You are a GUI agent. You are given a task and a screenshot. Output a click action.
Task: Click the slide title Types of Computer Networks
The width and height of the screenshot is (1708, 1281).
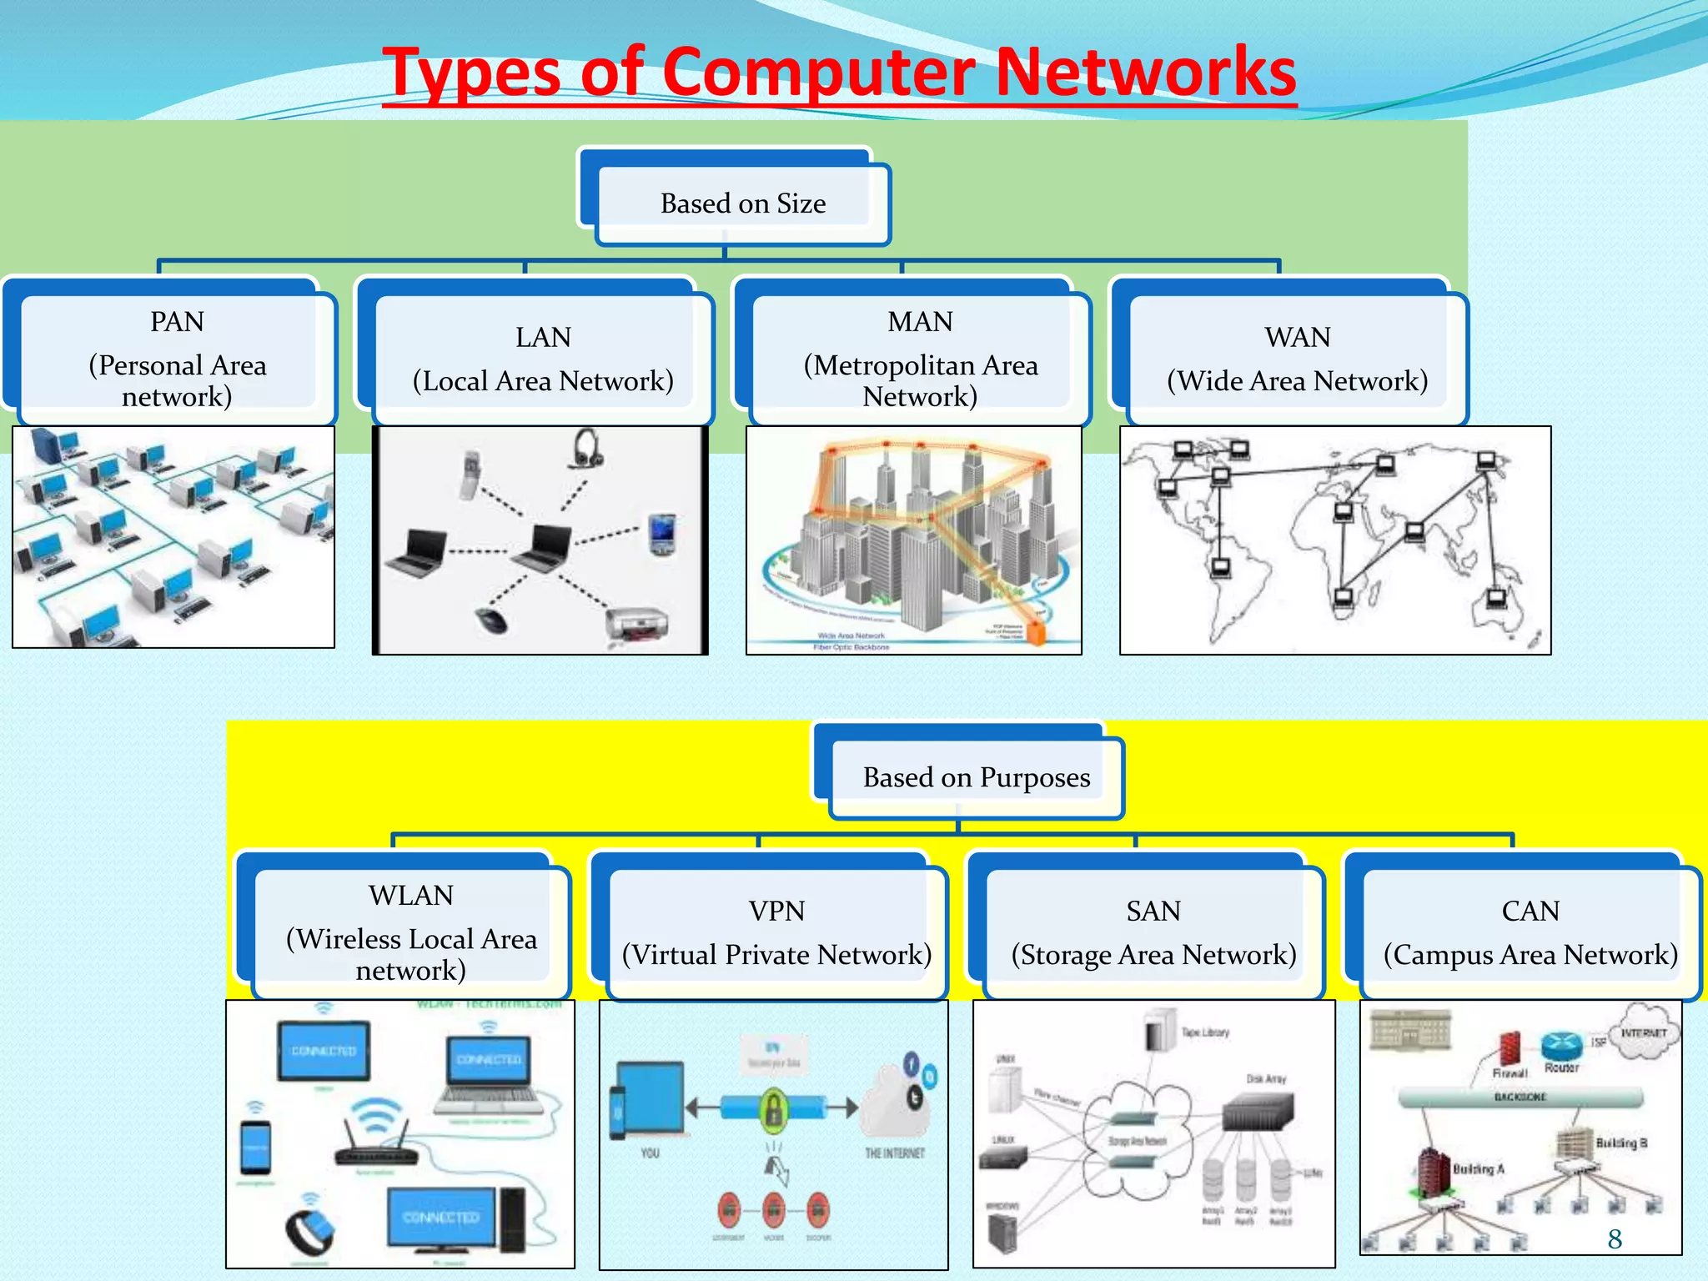(839, 73)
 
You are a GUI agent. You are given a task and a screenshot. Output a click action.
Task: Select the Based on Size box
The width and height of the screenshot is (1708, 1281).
(742, 203)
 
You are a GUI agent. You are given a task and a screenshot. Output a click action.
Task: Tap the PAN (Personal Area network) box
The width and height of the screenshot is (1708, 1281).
(177, 359)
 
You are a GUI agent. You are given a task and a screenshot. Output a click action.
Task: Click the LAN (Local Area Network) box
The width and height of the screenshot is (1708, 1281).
(543, 359)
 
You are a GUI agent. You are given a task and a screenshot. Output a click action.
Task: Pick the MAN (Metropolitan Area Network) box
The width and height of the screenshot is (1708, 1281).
(920, 359)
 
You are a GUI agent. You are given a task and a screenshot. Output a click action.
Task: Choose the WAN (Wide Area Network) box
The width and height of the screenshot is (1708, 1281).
(1297, 359)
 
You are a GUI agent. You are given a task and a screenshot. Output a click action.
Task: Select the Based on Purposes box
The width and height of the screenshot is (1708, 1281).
(976, 777)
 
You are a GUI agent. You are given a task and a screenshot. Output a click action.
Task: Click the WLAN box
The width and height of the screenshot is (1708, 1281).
(410, 932)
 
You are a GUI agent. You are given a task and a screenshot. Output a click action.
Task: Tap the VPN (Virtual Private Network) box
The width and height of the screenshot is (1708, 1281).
(776, 932)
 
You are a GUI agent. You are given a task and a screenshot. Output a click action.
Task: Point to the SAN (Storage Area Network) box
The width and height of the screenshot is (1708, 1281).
(1153, 932)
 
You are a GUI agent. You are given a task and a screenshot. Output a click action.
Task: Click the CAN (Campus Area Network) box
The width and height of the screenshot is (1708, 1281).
(1530, 932)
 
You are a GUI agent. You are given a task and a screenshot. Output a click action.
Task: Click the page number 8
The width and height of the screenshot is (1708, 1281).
(1615, 1239)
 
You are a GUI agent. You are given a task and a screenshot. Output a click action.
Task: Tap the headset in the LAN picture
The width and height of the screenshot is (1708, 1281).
(585, 449)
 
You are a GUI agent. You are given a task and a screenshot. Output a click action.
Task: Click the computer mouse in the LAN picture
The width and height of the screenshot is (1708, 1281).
(491, 620)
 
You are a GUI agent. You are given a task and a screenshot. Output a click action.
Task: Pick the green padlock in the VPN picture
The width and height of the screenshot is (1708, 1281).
(774, 1109)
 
